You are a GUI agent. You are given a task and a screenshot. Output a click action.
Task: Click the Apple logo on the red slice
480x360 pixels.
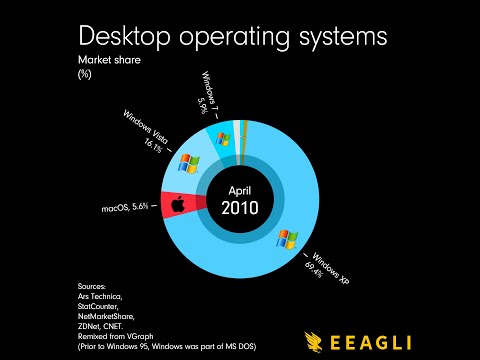180,205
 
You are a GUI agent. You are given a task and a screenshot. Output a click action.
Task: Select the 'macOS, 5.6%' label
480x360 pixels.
125,207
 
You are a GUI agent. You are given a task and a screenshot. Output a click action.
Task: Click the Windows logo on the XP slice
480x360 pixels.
288,238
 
